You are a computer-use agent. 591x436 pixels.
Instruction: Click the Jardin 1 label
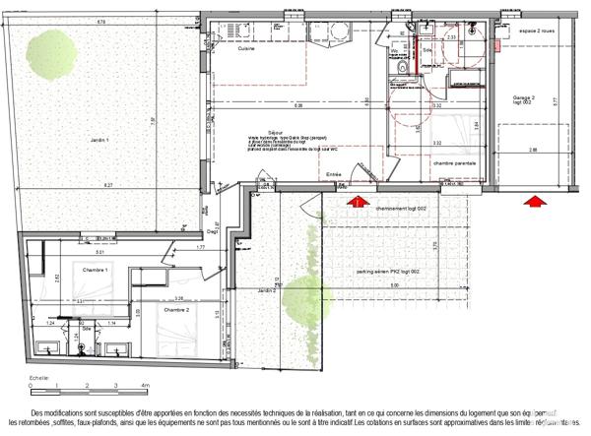95,140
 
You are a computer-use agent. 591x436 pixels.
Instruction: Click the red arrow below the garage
535,204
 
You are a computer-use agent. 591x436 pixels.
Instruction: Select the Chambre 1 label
96,269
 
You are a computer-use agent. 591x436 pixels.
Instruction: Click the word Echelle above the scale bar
39,377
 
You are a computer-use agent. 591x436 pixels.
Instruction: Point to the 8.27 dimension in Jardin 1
102,184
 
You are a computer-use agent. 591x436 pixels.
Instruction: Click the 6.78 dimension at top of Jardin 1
101,21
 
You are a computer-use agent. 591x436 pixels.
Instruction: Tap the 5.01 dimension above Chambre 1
86,253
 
